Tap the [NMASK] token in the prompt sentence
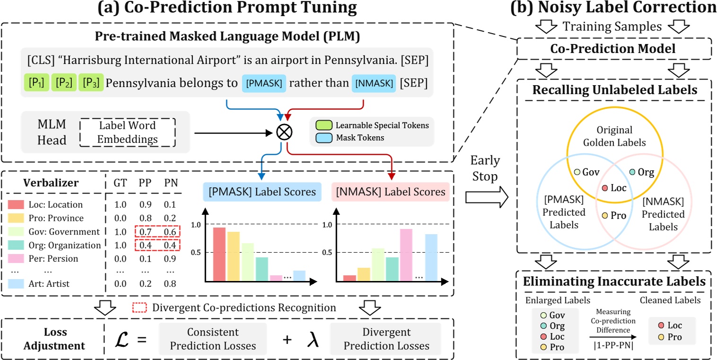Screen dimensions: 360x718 click(x=373, y=83)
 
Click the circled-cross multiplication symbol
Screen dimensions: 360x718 click(x=284, y=132)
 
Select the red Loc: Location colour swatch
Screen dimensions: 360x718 click(x=16, y=205)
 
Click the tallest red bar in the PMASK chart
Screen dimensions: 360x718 click(x=219, y=255)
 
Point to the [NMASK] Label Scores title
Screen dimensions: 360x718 click(x=391, y=192)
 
